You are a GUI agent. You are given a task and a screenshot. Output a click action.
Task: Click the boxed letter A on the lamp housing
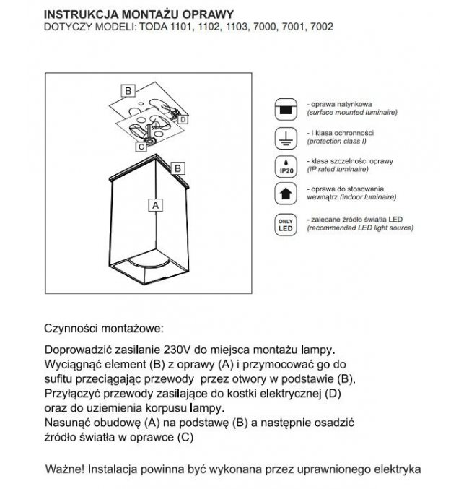152,205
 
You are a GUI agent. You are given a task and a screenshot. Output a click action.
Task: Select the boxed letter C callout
139,146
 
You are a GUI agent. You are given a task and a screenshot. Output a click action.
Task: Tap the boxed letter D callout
183,118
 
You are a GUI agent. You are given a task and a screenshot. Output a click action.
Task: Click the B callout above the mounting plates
128,91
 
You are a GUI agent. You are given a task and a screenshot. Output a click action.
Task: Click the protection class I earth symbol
286,139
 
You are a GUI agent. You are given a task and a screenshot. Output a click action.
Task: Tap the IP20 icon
286,166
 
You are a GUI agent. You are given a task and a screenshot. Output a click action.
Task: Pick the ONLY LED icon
286,224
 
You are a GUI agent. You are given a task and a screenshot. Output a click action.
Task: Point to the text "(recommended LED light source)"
360,228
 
